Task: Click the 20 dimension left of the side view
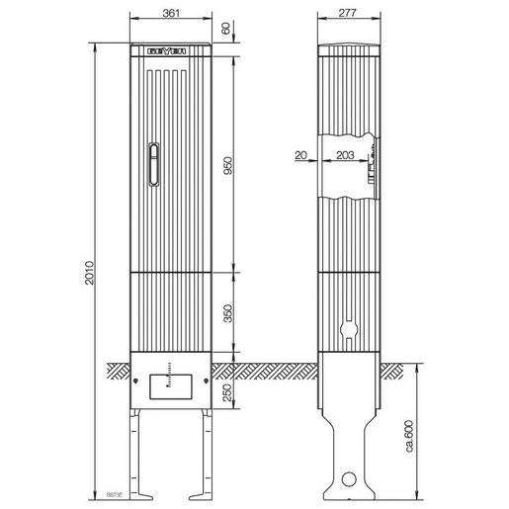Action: (x=300, y=155)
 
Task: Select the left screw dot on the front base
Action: (x=136, y=374)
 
